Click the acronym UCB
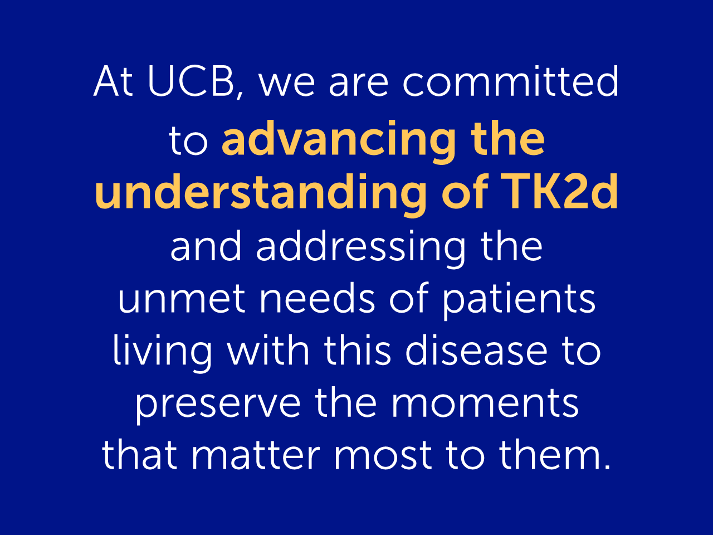point(191,81)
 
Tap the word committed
point(511,81)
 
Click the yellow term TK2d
point(559,191)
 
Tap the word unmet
point(182,298)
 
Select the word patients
point(519,300)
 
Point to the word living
point(162,353)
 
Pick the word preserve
point(218,405)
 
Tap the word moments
point(485,403)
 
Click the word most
point(383,455)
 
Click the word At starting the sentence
point(113,81)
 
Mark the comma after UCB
point(240,94)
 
